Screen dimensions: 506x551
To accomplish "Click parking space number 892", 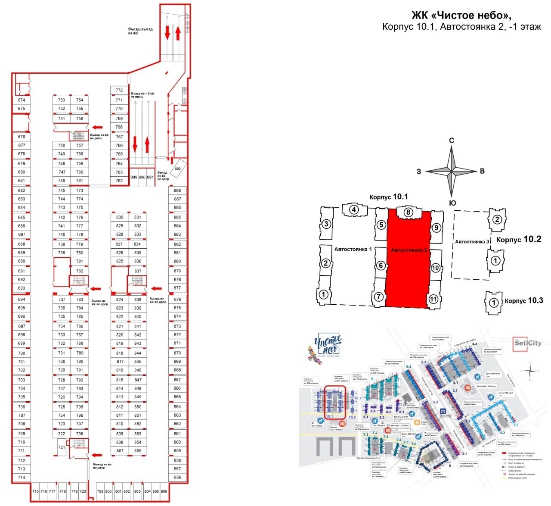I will tap(178, 169).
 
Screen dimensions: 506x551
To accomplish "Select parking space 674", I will tap(22, 100).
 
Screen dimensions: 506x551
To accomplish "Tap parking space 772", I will tap(119, 91).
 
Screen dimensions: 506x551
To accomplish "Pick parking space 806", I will tap(164, 491).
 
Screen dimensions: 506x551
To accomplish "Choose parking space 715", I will tap(36, 491).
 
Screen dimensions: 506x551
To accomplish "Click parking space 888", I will tap(177, 191).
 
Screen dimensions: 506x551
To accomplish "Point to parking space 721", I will tap(62, 447).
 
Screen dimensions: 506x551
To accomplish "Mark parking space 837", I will tap(138, 271).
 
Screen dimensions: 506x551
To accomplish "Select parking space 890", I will tap(142, 177).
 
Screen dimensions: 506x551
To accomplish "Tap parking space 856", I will tap(177, 478).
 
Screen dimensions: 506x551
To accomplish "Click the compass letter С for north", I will tap(452, 141).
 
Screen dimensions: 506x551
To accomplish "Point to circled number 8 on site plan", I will tap(408, 212).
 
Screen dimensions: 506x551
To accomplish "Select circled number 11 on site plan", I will tap(433, 299).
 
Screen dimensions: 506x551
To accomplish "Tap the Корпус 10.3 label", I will tap(524, 300).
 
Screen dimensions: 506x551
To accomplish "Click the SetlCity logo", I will tap(528, 344).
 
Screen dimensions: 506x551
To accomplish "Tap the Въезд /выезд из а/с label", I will tap(140, 31).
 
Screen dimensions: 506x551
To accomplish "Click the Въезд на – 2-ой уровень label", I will tap(143, 95).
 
